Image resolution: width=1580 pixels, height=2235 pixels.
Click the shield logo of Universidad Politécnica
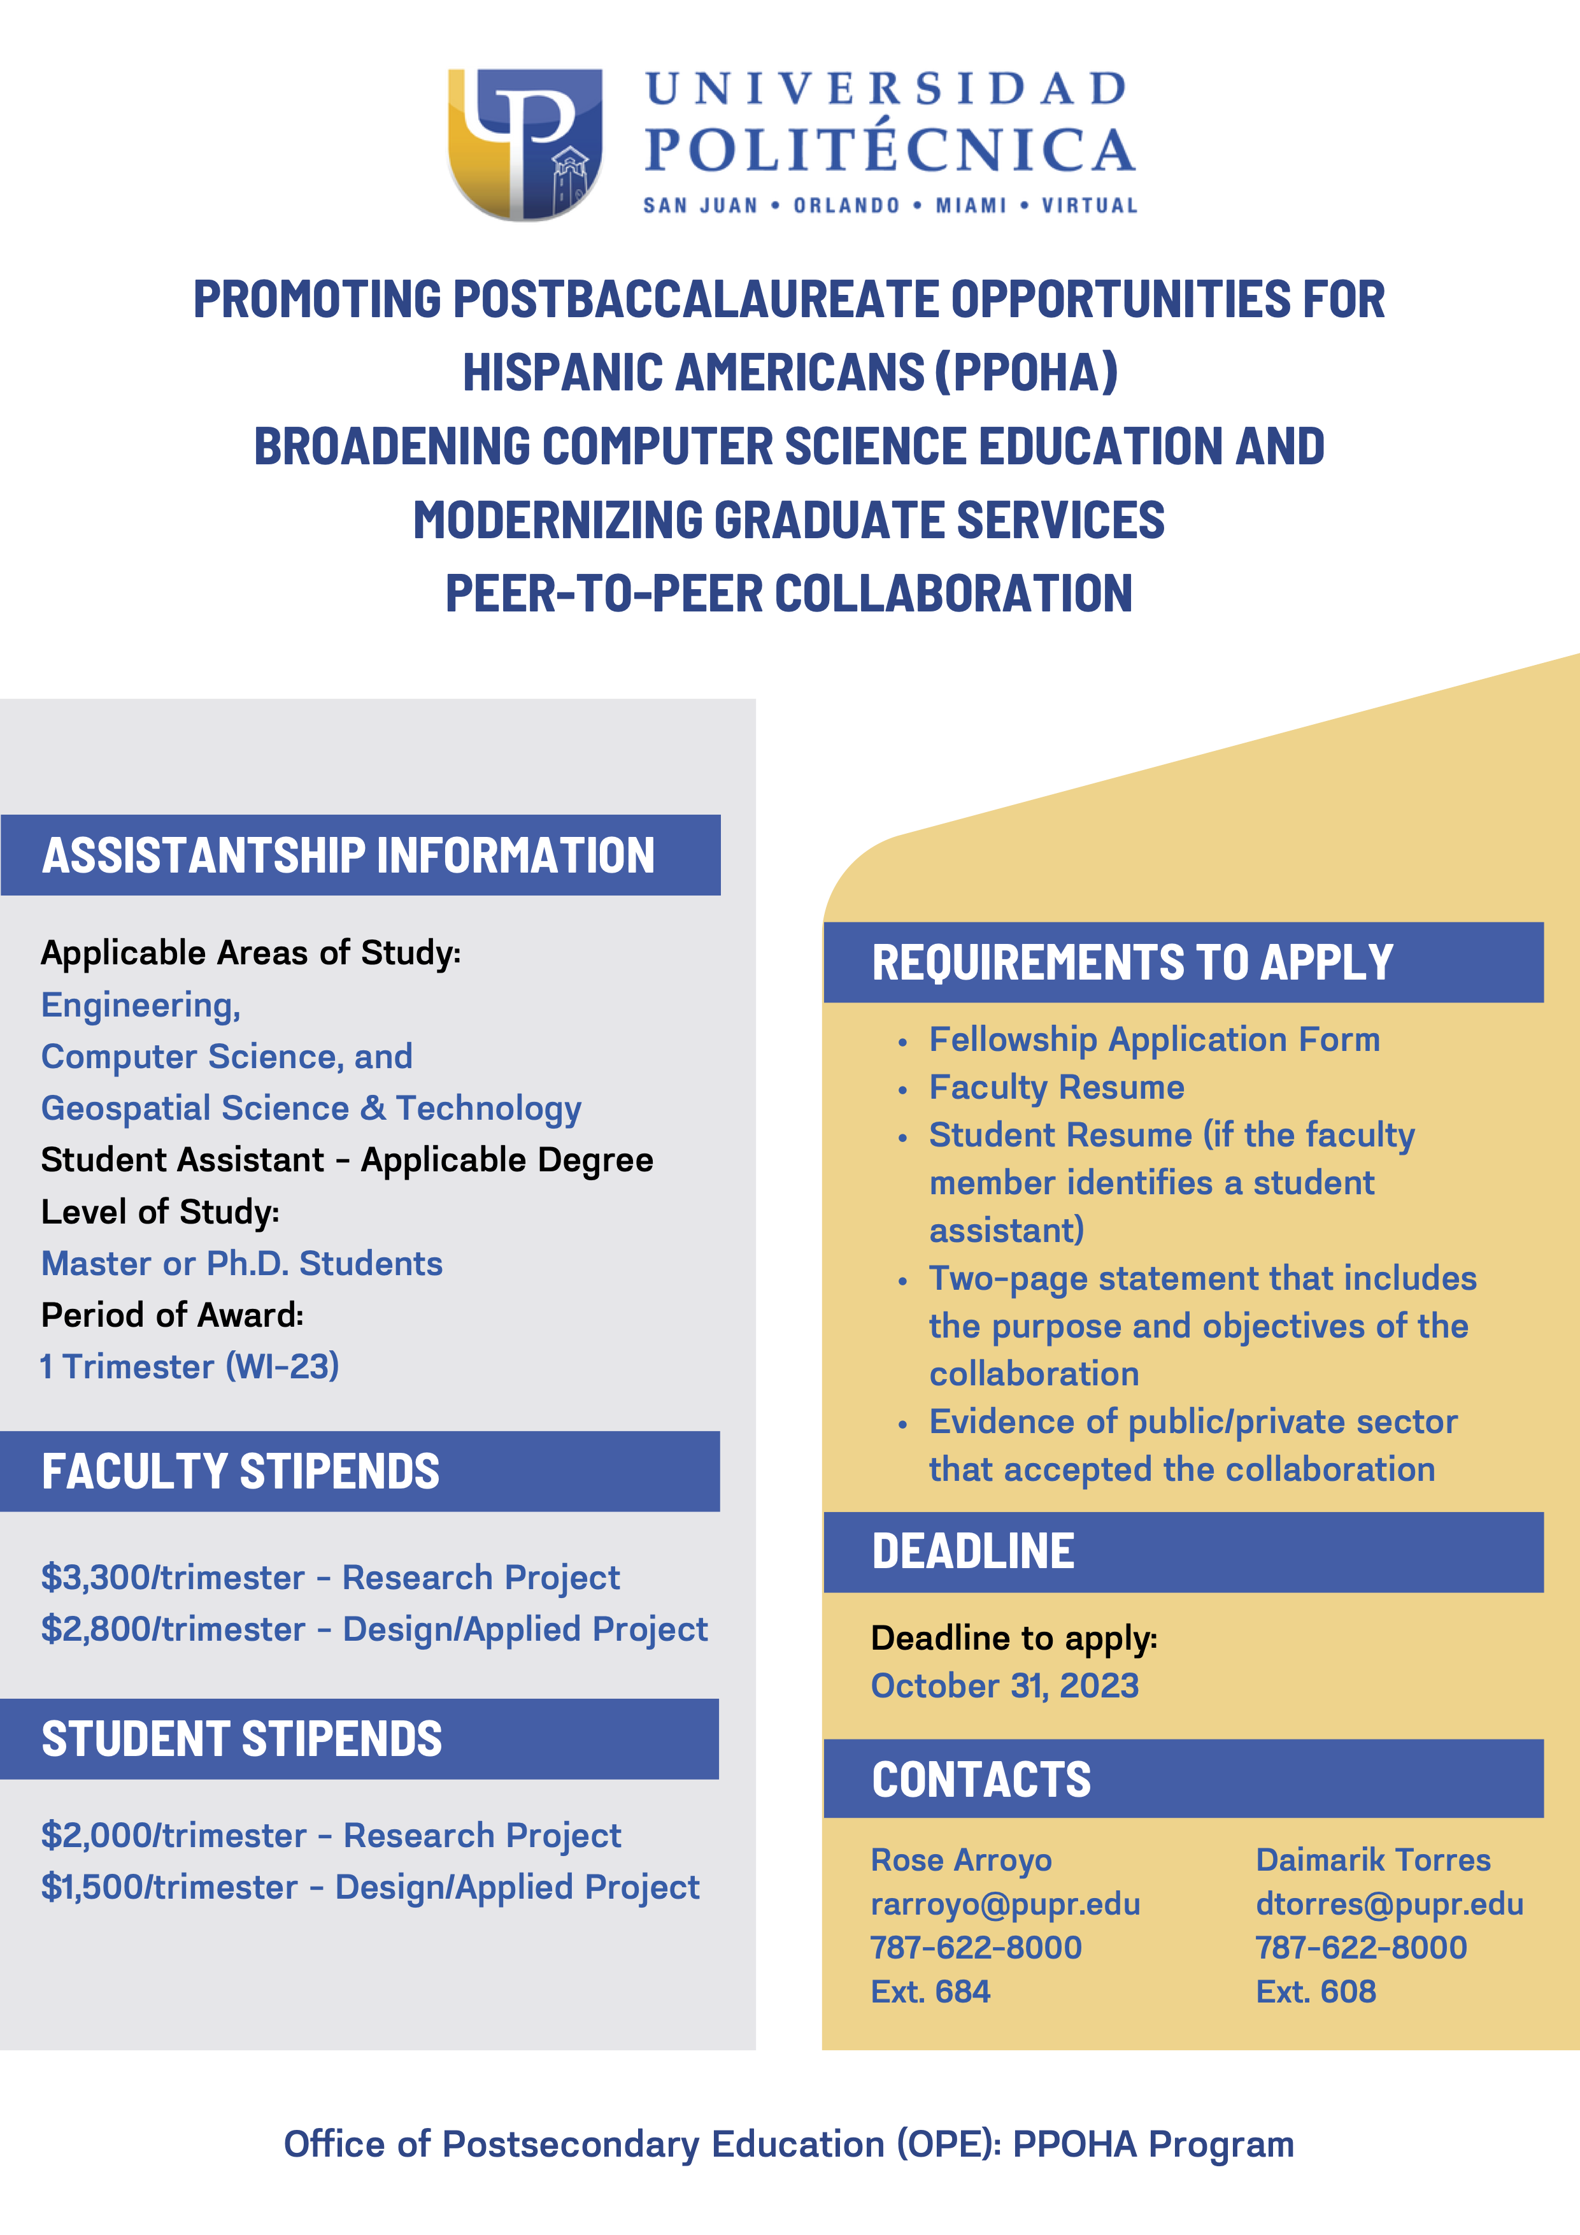click(525, 143)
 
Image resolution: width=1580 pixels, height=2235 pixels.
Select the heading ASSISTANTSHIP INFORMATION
click(348, 855)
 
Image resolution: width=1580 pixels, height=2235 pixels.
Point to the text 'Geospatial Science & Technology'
click(311, 1108)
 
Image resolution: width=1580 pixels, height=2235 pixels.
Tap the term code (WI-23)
click(282, 1366)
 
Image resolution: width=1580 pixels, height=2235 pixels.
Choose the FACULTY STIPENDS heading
click(241, 1471)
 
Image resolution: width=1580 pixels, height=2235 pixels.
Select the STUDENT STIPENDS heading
click(241, 1739)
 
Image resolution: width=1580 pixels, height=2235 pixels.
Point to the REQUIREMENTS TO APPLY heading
click(1132, 962)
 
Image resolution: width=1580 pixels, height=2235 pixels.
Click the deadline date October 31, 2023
click(1005, 1685)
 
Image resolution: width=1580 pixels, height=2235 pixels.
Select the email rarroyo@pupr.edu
click(1005, 1903)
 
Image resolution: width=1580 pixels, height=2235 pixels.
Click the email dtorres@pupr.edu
click(1389, 1903)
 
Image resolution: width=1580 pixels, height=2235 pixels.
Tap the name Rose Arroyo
click(961, 1859)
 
